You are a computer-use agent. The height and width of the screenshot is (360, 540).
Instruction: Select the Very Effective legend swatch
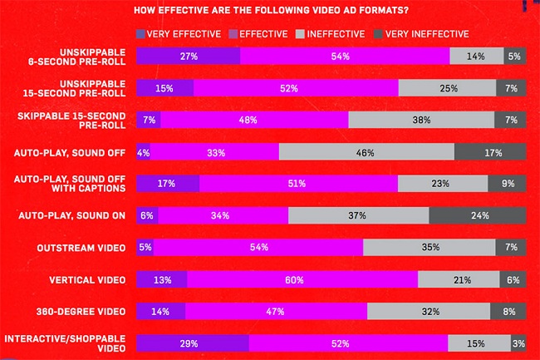click(140, 34)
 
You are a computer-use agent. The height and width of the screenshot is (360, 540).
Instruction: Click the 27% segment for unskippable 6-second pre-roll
click(188, 56)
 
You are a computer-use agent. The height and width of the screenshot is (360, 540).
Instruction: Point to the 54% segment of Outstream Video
click(258, 248)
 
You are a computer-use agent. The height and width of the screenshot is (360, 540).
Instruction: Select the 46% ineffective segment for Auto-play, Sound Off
click(366, 151)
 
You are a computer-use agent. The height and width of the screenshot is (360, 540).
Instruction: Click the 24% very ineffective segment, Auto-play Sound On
click(478, 215)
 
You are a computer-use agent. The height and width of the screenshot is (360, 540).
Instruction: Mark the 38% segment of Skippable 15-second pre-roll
click(421, 120)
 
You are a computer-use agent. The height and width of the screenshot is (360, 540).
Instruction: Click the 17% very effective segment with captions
click(168, 184)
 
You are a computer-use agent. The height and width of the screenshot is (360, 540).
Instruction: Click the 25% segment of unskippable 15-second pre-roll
click(447, 88)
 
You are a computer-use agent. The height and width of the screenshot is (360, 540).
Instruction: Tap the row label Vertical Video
click(91, 280)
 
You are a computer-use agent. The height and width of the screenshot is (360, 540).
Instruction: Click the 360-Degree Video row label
click(84, 312)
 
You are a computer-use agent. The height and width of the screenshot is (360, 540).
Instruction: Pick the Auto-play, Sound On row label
click(72, 215)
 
